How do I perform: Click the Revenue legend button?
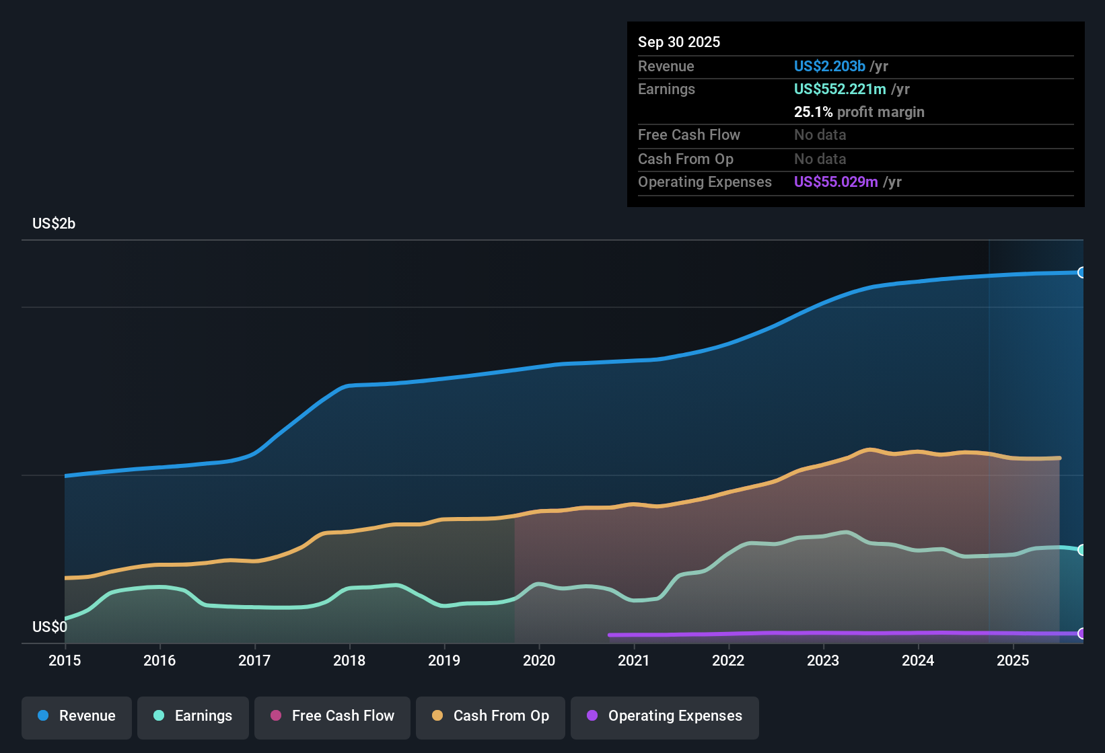77,716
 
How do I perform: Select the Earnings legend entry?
193,716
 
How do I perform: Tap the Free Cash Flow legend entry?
332,716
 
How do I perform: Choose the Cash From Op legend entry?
491,716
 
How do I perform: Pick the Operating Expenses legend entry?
665,716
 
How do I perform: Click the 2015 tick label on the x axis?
65,661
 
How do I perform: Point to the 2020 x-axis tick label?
539,661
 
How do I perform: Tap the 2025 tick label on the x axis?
1013,661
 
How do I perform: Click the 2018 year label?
349,661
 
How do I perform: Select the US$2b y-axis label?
54,224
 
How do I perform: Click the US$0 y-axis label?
50,627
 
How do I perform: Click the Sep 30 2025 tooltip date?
679,42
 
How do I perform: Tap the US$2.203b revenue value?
829,67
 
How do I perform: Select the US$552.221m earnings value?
840,89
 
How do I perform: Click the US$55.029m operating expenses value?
836,182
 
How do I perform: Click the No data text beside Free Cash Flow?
820,135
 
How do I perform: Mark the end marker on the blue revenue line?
1082,272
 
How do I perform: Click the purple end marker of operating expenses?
1082,633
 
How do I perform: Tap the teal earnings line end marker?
1082,550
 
